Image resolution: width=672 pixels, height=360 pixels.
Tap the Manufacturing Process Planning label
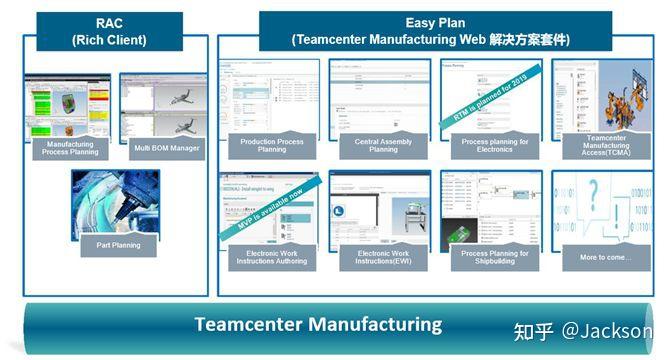point(71,148)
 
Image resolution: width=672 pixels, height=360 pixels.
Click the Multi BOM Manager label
point(167,148)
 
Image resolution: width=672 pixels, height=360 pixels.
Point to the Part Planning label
point(118,244)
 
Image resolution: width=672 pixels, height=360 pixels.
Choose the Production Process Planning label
point(271,147)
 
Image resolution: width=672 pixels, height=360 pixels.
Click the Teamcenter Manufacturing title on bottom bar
point(317,324)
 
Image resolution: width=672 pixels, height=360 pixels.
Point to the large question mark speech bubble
point(596,200)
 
